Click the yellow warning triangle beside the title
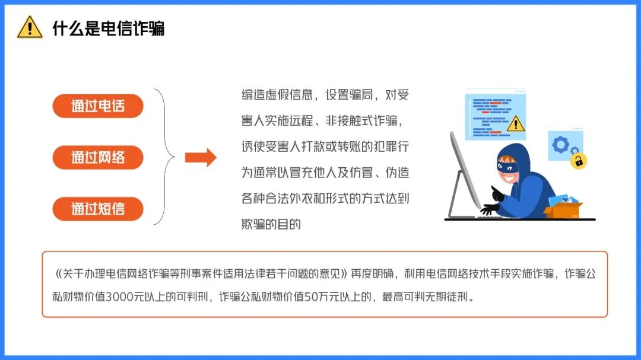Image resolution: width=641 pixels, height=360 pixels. [30, 27]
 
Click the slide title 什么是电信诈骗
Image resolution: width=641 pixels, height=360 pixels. [109, 28]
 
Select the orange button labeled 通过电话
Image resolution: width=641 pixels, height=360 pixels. [98, 106]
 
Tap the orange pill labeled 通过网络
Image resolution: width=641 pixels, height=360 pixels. [98, 157]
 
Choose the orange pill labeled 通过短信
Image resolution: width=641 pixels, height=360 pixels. [98, 209]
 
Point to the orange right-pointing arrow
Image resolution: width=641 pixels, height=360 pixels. [201, 157]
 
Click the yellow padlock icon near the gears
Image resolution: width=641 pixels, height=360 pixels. [579, 161]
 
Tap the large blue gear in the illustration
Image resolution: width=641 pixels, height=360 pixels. [560, 144]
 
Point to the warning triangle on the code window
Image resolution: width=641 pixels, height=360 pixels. [516, 123]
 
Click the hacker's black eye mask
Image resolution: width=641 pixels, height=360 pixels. [507, 167]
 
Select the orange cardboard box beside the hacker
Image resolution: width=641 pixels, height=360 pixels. [563, 211]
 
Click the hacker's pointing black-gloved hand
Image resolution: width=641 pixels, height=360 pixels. [497, 193]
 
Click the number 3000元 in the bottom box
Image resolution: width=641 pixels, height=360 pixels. [119, 297]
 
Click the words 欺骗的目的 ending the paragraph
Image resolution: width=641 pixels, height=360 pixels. [271, 224]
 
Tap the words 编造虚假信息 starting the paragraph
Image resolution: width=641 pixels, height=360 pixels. [277, 95]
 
